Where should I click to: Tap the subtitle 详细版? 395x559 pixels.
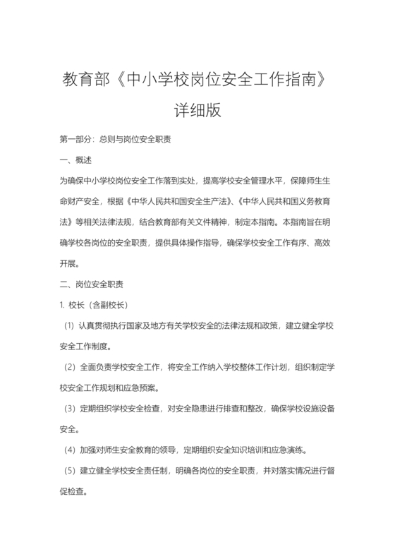[197, 110]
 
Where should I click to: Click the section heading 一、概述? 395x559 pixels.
[76, 160]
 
